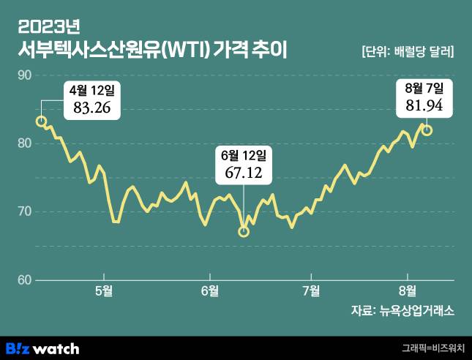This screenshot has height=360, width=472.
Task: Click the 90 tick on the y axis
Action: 23,75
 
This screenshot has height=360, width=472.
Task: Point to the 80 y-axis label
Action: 23,143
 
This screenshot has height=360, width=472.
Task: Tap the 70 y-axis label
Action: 23,211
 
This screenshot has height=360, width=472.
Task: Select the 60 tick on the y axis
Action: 23,280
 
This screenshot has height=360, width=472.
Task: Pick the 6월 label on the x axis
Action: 209,290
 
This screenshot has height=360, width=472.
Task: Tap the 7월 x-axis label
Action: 311,290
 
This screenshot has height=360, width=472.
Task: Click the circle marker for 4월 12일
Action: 42,121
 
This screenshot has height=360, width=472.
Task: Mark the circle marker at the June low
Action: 244,232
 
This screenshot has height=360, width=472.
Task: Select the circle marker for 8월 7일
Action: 427,130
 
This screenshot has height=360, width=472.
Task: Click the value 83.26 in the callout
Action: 91,108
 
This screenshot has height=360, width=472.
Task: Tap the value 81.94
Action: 424,105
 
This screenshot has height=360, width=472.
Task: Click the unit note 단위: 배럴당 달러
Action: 408,52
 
